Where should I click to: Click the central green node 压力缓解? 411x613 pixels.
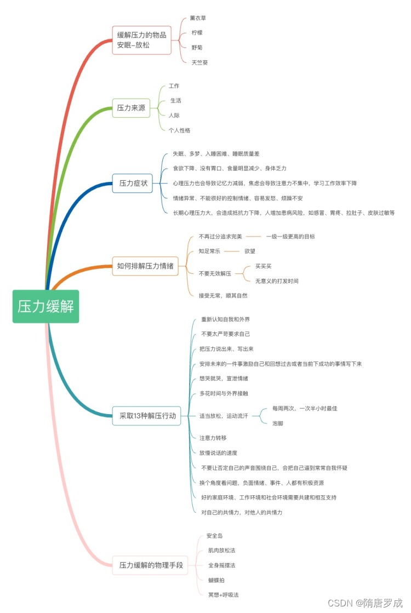[x=46, y=306]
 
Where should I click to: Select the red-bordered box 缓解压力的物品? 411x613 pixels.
[x=141, y=40]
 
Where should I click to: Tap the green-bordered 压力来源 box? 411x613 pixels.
[x=132, y=108]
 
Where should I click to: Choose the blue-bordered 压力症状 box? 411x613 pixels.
[x=133, y=183]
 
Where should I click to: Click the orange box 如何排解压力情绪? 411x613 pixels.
[x=145, y=266]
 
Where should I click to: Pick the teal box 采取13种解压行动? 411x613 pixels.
[x=147, y=416]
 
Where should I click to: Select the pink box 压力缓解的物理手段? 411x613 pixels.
[x=151, y=565]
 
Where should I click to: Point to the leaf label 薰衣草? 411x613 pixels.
[x=198, y=18]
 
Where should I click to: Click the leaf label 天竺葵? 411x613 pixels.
[x=199, y=62]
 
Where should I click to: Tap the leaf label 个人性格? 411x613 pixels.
[x=180, y=130]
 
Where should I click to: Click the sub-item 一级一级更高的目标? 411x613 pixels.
[x=290, y=237]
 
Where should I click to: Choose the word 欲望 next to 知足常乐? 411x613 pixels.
[x=250, y=251]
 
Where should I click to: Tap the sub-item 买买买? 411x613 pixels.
[x=263, y=266]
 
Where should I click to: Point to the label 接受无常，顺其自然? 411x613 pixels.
[x=223, y=295]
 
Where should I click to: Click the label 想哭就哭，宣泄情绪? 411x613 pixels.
[x=224, y=379]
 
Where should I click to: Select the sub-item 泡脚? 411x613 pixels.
[x=278, y=423]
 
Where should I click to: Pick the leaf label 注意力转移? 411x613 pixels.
[x=213, y=438]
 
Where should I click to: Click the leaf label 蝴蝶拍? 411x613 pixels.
[x=216, y=580]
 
